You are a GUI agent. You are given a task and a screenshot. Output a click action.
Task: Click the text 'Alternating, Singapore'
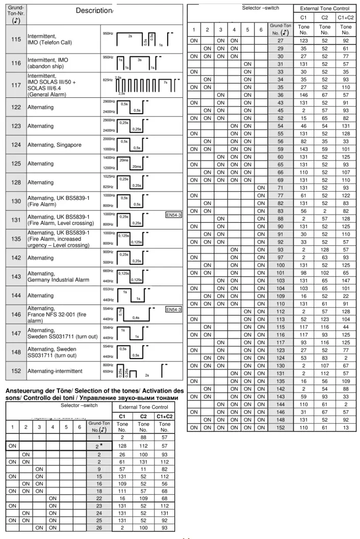click(x=55, y=145)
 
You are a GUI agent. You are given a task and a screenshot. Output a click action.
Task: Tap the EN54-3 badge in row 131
click(x=173, y=215)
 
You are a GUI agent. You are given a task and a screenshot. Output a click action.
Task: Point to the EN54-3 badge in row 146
click(x=173, y=309)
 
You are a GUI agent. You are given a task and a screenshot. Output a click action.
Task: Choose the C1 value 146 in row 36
click(x=304, y=94)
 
